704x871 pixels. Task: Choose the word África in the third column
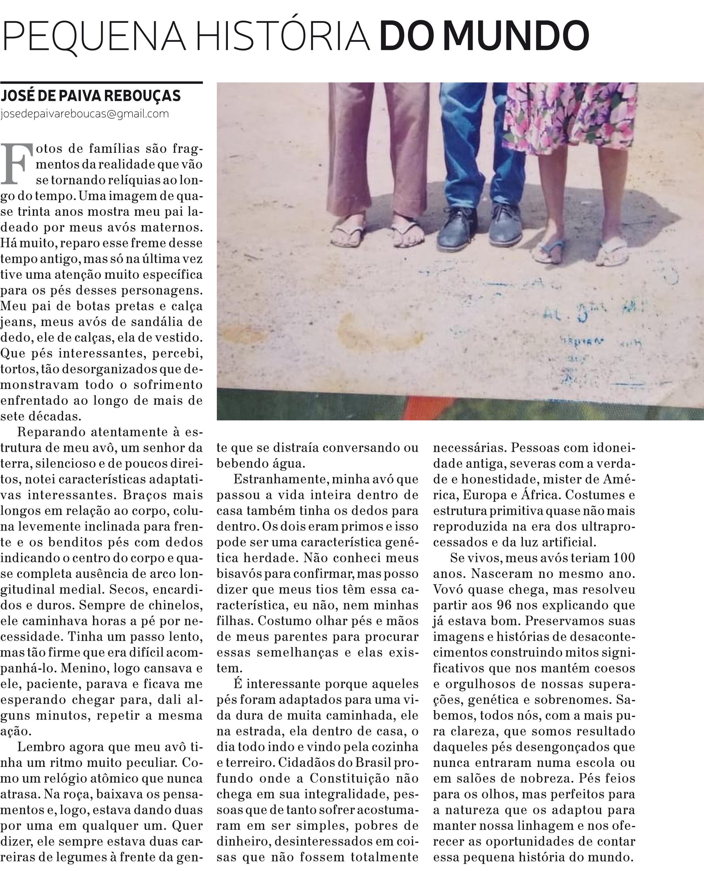(538, 495)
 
